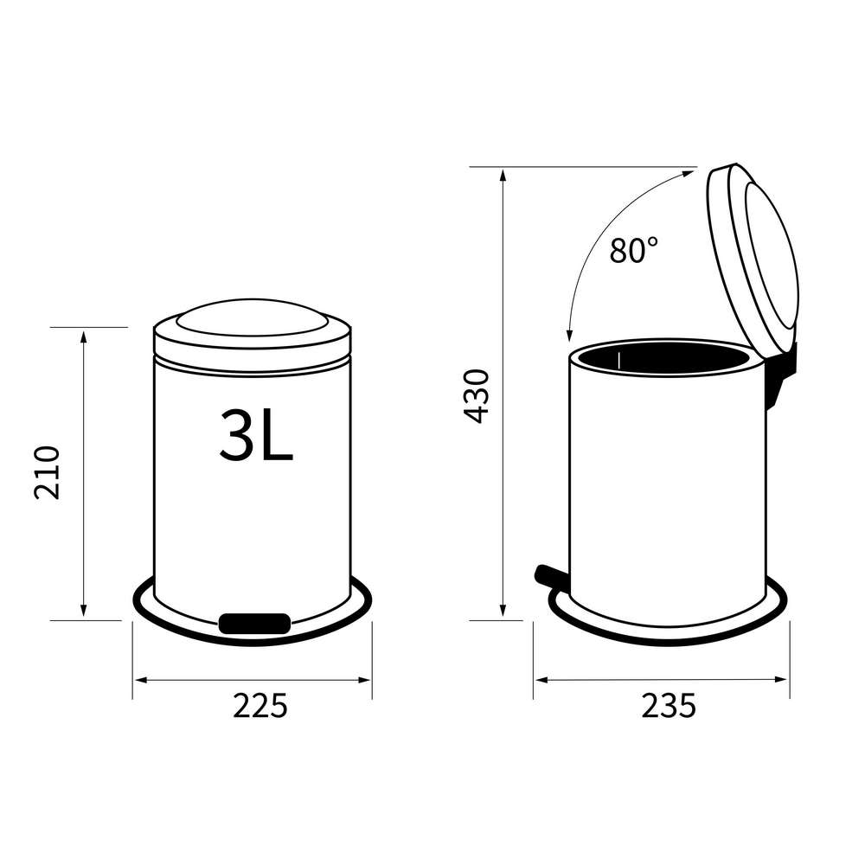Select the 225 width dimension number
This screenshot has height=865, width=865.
(x=259, y=707)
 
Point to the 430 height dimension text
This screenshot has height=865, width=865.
(x=477, y=395)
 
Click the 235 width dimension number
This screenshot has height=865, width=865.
(x=668, y=707)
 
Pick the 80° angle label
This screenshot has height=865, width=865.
(x=633, y=251)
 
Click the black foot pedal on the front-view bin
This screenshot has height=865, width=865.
(x=254, y=623)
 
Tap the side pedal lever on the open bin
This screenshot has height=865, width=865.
(x=548, y=573)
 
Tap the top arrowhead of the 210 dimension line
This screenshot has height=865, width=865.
(x=84, y=336)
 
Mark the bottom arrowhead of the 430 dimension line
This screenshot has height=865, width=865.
(x=503, y=612)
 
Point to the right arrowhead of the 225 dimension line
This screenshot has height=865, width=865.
(x=365, y=680)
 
